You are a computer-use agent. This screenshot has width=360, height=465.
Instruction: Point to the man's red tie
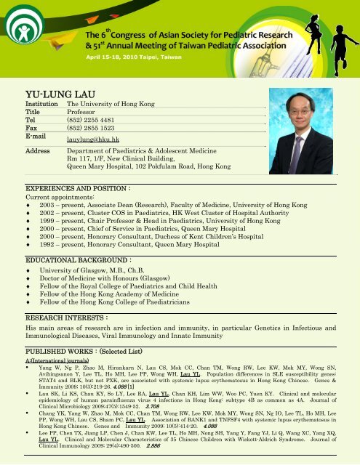pyautogui.click(x=319, y=155)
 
